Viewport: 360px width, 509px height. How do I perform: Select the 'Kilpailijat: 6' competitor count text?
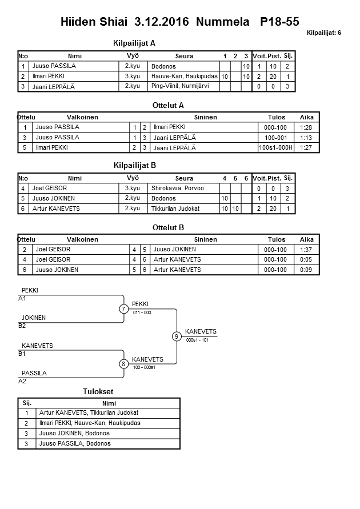[323, 33]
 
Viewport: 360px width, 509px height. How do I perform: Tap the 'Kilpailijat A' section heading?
[135, 43]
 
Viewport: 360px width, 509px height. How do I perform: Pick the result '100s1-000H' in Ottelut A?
[275, 147]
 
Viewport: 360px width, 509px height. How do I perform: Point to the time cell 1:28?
[307, 127]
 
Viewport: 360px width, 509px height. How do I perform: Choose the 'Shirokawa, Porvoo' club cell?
[178, 188]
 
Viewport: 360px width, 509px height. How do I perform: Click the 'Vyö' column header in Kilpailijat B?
[133, 178]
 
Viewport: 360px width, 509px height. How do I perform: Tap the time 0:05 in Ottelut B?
[307, 259]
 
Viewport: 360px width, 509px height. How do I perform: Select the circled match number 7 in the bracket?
[123, 309]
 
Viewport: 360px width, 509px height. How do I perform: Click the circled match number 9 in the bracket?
[177, 336]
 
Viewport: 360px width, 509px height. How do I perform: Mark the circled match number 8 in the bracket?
[123, 363]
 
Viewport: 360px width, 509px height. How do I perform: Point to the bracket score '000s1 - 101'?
[197, 340]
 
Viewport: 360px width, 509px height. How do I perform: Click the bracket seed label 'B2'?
[22, 326]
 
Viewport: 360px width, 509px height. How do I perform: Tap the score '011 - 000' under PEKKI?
[142, 313]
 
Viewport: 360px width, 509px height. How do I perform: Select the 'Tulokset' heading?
[98, 392]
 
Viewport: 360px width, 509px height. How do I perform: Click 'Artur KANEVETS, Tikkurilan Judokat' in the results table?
[89, 412]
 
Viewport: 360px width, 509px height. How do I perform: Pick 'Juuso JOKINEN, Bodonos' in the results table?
[74, 433]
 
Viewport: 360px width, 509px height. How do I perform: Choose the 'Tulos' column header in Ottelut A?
[277, 117]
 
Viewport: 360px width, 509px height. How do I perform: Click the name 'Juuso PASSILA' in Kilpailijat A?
[54, 66]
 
